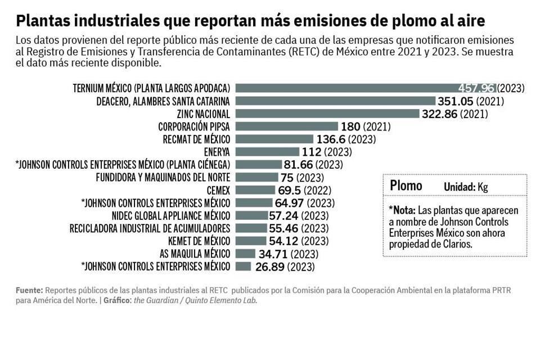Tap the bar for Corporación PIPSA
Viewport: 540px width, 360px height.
(x=286, y=127)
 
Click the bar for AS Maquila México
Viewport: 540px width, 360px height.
(x=245, y=254)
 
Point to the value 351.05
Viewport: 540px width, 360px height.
(x=456, y=101)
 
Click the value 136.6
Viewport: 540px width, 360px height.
(x=330, y=139)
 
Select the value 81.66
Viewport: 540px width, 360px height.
(x=298, y=165)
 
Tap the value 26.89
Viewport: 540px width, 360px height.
(x=269, y=267)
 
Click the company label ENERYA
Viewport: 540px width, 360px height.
(x=217, y=152)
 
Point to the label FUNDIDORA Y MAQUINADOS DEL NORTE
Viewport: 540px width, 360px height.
(x=163, y=177)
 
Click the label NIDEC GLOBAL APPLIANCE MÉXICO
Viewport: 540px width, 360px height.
(x=171, y=215)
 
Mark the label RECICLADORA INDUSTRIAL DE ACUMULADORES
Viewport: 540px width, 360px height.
(x=150, y=228)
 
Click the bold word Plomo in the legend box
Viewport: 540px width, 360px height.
(x=406, y=186)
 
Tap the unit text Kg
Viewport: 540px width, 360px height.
(x=483, y=187)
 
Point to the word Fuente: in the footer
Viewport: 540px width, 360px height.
(x=29, y=290)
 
